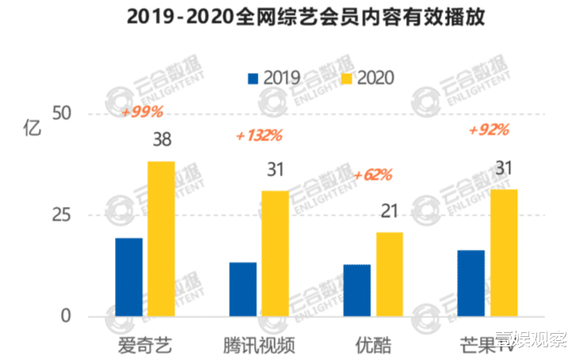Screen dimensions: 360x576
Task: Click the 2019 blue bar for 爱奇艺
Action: (x=129, y=277)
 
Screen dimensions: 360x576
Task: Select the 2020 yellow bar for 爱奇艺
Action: (x=161, y=239)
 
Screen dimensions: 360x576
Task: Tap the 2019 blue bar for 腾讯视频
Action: (x=243, y=289)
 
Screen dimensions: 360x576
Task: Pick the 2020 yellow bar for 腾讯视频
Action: (x=275, y=253)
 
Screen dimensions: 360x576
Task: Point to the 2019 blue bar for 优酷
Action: (x=357, y=290)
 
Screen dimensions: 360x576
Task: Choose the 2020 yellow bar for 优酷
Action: (x=390, y=274)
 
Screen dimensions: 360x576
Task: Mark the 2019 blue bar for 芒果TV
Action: (x=471, y=283)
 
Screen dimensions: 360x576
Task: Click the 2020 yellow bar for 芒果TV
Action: (x=504, y=252)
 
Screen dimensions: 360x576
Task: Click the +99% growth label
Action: (x=142, y=113)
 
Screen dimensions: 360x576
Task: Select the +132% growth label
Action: (x=259, y=136)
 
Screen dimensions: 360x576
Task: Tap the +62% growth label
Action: (x=373, y=174)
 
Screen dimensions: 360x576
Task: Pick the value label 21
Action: (x=390, y=212)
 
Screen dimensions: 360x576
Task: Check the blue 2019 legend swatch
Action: (x=254, y=78)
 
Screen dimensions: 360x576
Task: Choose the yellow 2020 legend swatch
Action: (x=346, y=78)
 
